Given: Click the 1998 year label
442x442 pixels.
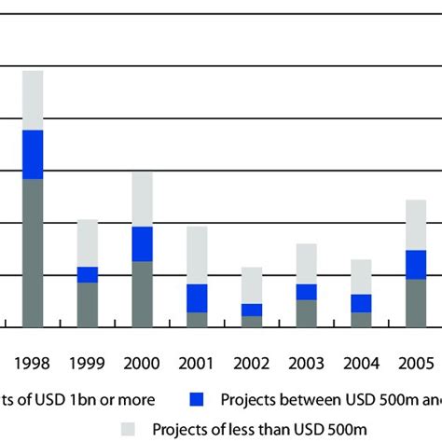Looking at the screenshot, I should tap(33, 364).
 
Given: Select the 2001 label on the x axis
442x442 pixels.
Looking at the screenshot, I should tap(197, 364).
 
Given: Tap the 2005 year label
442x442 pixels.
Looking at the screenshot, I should tap(415, 364).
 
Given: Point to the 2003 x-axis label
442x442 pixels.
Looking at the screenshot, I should tap(306, 364).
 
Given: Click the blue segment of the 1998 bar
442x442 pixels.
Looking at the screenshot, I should tap(33, 154).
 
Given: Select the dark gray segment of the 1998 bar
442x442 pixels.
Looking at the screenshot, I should tap(33, 252).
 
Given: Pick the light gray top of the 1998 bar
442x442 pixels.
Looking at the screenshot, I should tap(33, 100).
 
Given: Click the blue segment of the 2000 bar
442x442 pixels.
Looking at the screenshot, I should tap(142, 243).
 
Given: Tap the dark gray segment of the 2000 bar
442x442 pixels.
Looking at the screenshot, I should tap(142, 294).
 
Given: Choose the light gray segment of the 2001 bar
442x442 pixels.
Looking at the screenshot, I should tap(197, 255).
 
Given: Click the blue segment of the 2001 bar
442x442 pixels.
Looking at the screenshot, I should tap(197, 297).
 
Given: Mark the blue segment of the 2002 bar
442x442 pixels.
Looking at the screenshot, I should tap(251, 310).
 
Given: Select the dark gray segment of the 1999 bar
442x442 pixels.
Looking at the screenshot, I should tap(87, 304).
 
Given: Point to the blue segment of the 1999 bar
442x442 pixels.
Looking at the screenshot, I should tap(87, 274).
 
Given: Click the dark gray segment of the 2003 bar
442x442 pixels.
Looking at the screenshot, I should tap(306, 313).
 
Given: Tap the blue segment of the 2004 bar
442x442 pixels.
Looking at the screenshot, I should tap(360, 303).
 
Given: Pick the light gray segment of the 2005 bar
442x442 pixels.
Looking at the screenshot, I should tap(415, 225).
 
